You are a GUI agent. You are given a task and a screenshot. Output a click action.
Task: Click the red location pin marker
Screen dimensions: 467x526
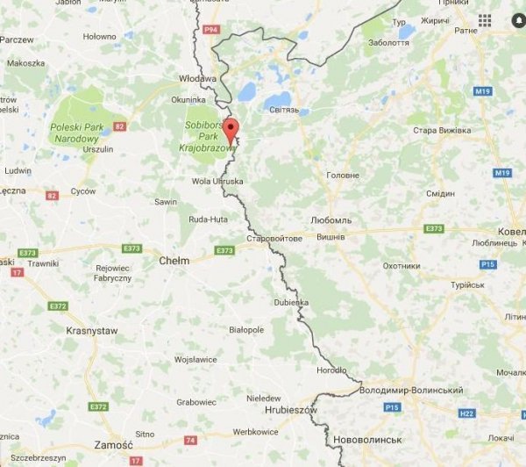230,129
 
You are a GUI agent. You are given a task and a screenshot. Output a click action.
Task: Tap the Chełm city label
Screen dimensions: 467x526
174,261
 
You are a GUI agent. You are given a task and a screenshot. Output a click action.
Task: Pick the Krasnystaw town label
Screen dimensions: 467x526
91,330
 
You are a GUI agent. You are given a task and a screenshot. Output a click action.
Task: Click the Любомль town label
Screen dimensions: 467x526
331,219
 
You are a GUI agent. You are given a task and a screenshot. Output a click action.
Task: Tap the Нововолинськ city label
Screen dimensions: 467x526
367,439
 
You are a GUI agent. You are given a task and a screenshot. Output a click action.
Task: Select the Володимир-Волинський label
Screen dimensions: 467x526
411,389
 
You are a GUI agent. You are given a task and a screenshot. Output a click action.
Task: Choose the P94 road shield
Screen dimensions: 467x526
210,29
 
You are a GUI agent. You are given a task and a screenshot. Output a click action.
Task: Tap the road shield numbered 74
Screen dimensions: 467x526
189,439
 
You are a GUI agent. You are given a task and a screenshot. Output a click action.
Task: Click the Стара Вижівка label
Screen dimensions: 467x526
442,130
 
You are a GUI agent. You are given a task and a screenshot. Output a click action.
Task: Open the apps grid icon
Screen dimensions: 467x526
485,20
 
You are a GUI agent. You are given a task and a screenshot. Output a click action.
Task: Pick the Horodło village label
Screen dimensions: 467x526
331,370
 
